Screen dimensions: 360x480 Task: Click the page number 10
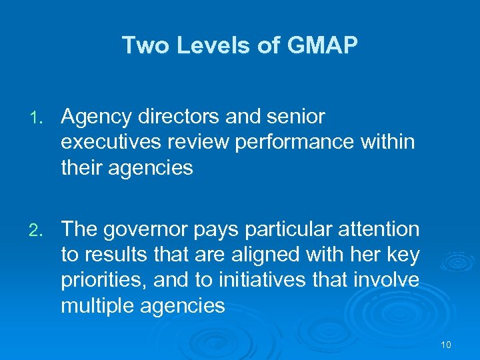tap(446, 345)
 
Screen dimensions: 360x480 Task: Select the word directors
tap(178, 117)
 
